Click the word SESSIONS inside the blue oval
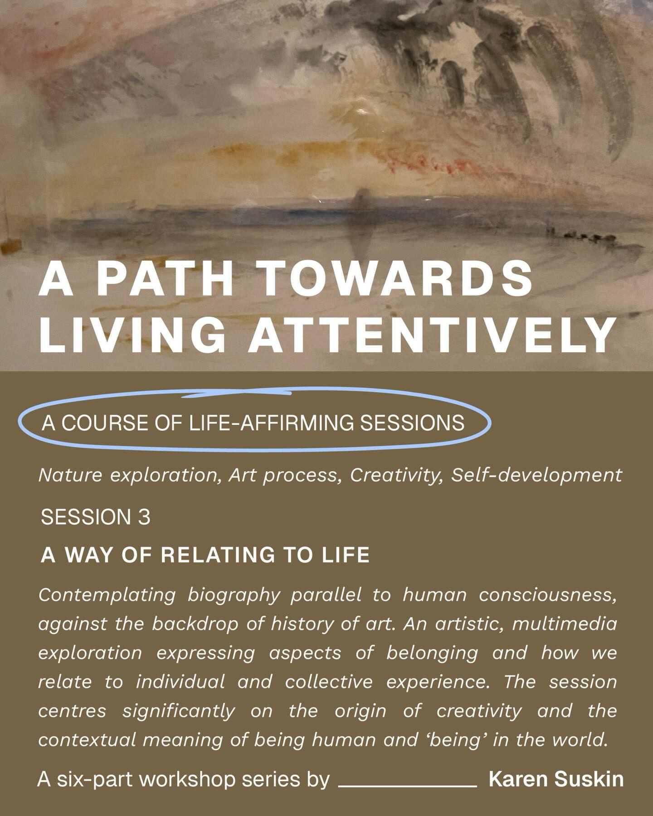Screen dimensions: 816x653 (412, 423)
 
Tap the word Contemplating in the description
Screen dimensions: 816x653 (107, 595)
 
